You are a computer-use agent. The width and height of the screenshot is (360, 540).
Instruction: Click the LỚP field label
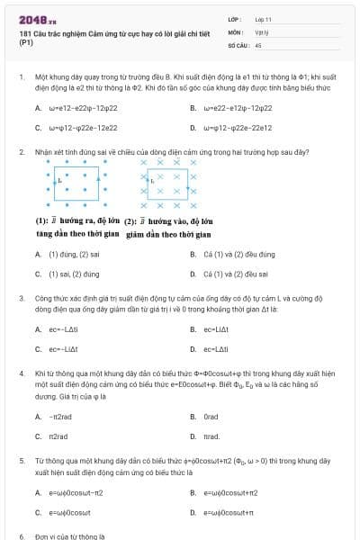pyautogui.click(x=233, y=19)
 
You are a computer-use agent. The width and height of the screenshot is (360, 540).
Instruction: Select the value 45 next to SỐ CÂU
pyautogui.click(x=258, y=44)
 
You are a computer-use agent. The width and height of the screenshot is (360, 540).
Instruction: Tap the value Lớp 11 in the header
pyautogui.click(x=263, y=19)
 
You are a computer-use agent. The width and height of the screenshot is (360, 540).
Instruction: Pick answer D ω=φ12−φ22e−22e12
pyautogui.click(x=238, y=128)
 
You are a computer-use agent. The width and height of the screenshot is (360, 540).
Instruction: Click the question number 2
pyautogui.click(x=21, y=152)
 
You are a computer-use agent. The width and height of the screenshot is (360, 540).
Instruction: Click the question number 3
pyautogui.click(x=21, y=298)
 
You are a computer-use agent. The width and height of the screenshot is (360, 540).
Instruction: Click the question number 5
pyautogui.click(x=21, y=461)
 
